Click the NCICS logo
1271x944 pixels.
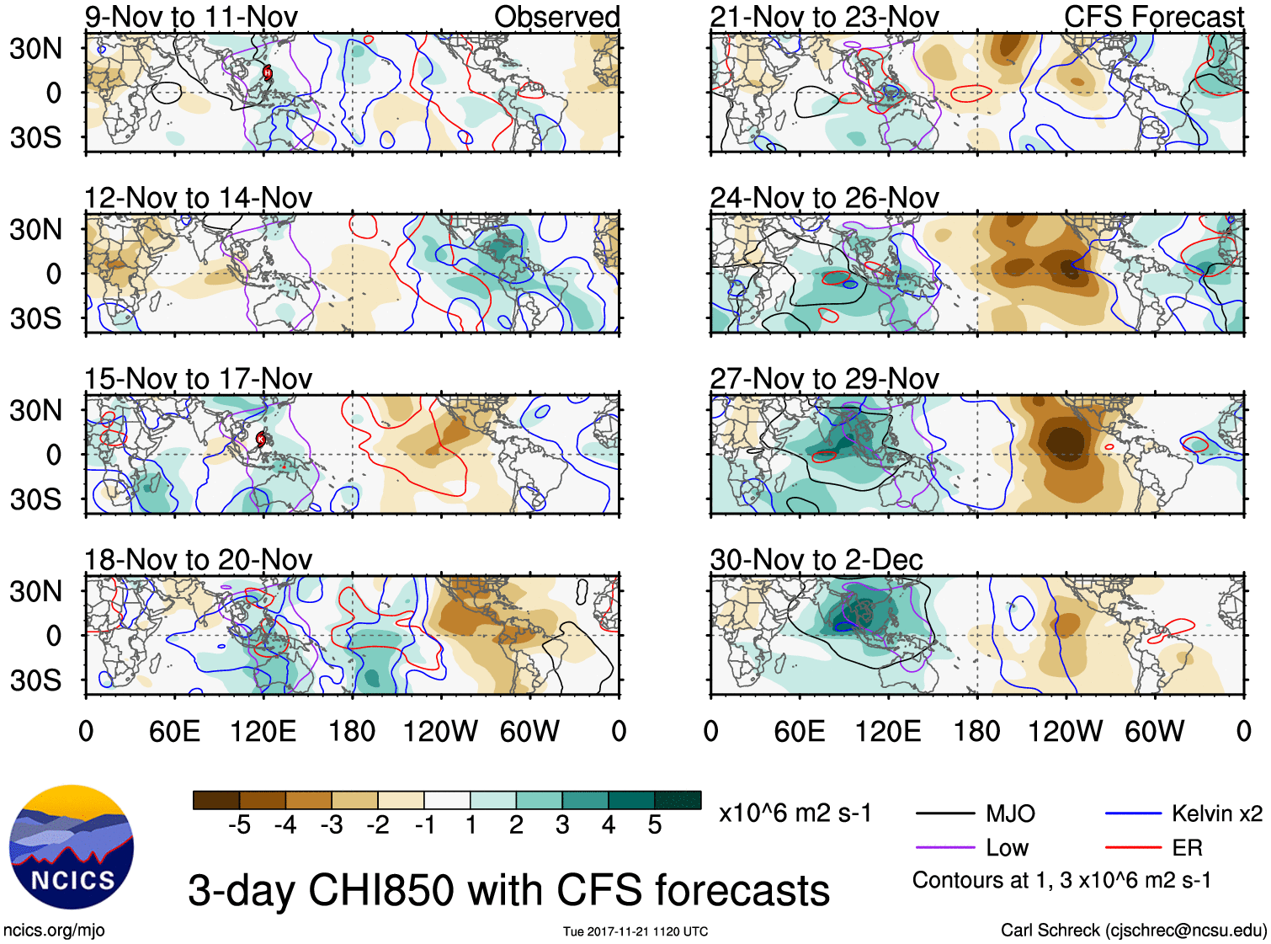(x=72, y=847)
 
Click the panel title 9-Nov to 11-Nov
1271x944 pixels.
(x=191, y=17)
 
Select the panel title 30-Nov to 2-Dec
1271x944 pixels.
(x=816, y=560)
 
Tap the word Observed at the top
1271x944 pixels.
(x=556, y=17)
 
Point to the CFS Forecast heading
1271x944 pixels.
(x=1153, y=17)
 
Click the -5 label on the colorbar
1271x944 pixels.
(x=239, y=825)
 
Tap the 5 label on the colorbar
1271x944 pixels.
(x=655, y=825)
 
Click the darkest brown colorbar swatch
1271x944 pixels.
(x=216, y=800)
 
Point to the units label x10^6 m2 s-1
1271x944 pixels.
(x=795, y=813)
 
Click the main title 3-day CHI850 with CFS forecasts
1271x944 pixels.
(x=508, y=890)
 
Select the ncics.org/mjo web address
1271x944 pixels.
(x=54, y=931)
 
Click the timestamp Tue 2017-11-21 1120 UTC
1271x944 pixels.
(x=635, y=931)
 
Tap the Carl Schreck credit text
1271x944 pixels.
(x=1133, y=931)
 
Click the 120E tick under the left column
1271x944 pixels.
(x=263, y=731)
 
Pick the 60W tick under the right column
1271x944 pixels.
(x=1154, y=731)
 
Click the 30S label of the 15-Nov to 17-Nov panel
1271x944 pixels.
(x=35, y=499)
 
